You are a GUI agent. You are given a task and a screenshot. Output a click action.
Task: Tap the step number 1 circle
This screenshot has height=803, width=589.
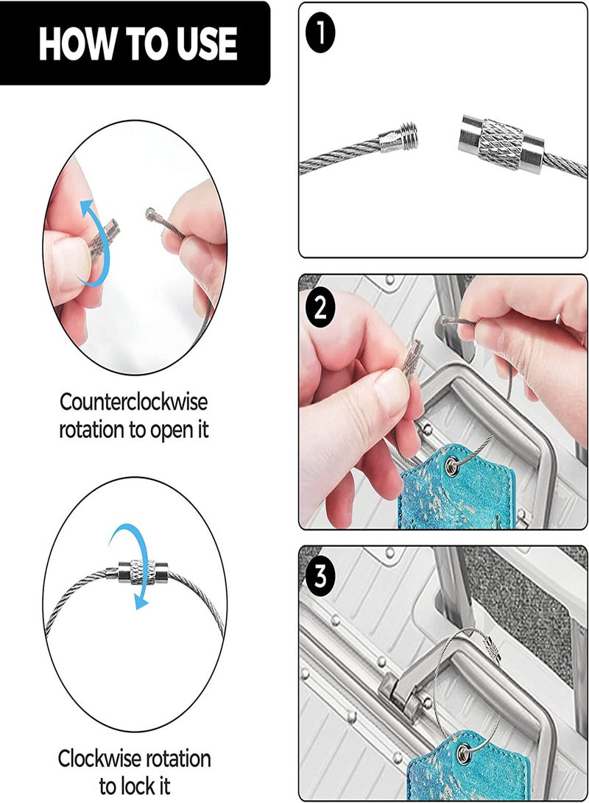[x=320, y=34]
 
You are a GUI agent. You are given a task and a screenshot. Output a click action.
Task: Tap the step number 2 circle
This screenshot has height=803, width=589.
[x=320, y=308]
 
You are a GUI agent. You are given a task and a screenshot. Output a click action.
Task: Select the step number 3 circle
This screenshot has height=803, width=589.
[x=320, y=576]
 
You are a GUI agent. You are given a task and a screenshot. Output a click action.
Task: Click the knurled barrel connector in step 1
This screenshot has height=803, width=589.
[x=500, y=142]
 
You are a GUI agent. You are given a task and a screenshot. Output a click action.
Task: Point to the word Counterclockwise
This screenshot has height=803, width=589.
[x=134, y=402]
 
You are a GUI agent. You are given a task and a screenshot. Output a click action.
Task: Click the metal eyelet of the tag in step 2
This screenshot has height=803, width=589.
[x=452, y=465]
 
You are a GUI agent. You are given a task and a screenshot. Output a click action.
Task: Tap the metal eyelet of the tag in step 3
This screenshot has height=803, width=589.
[x=464, y=752]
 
